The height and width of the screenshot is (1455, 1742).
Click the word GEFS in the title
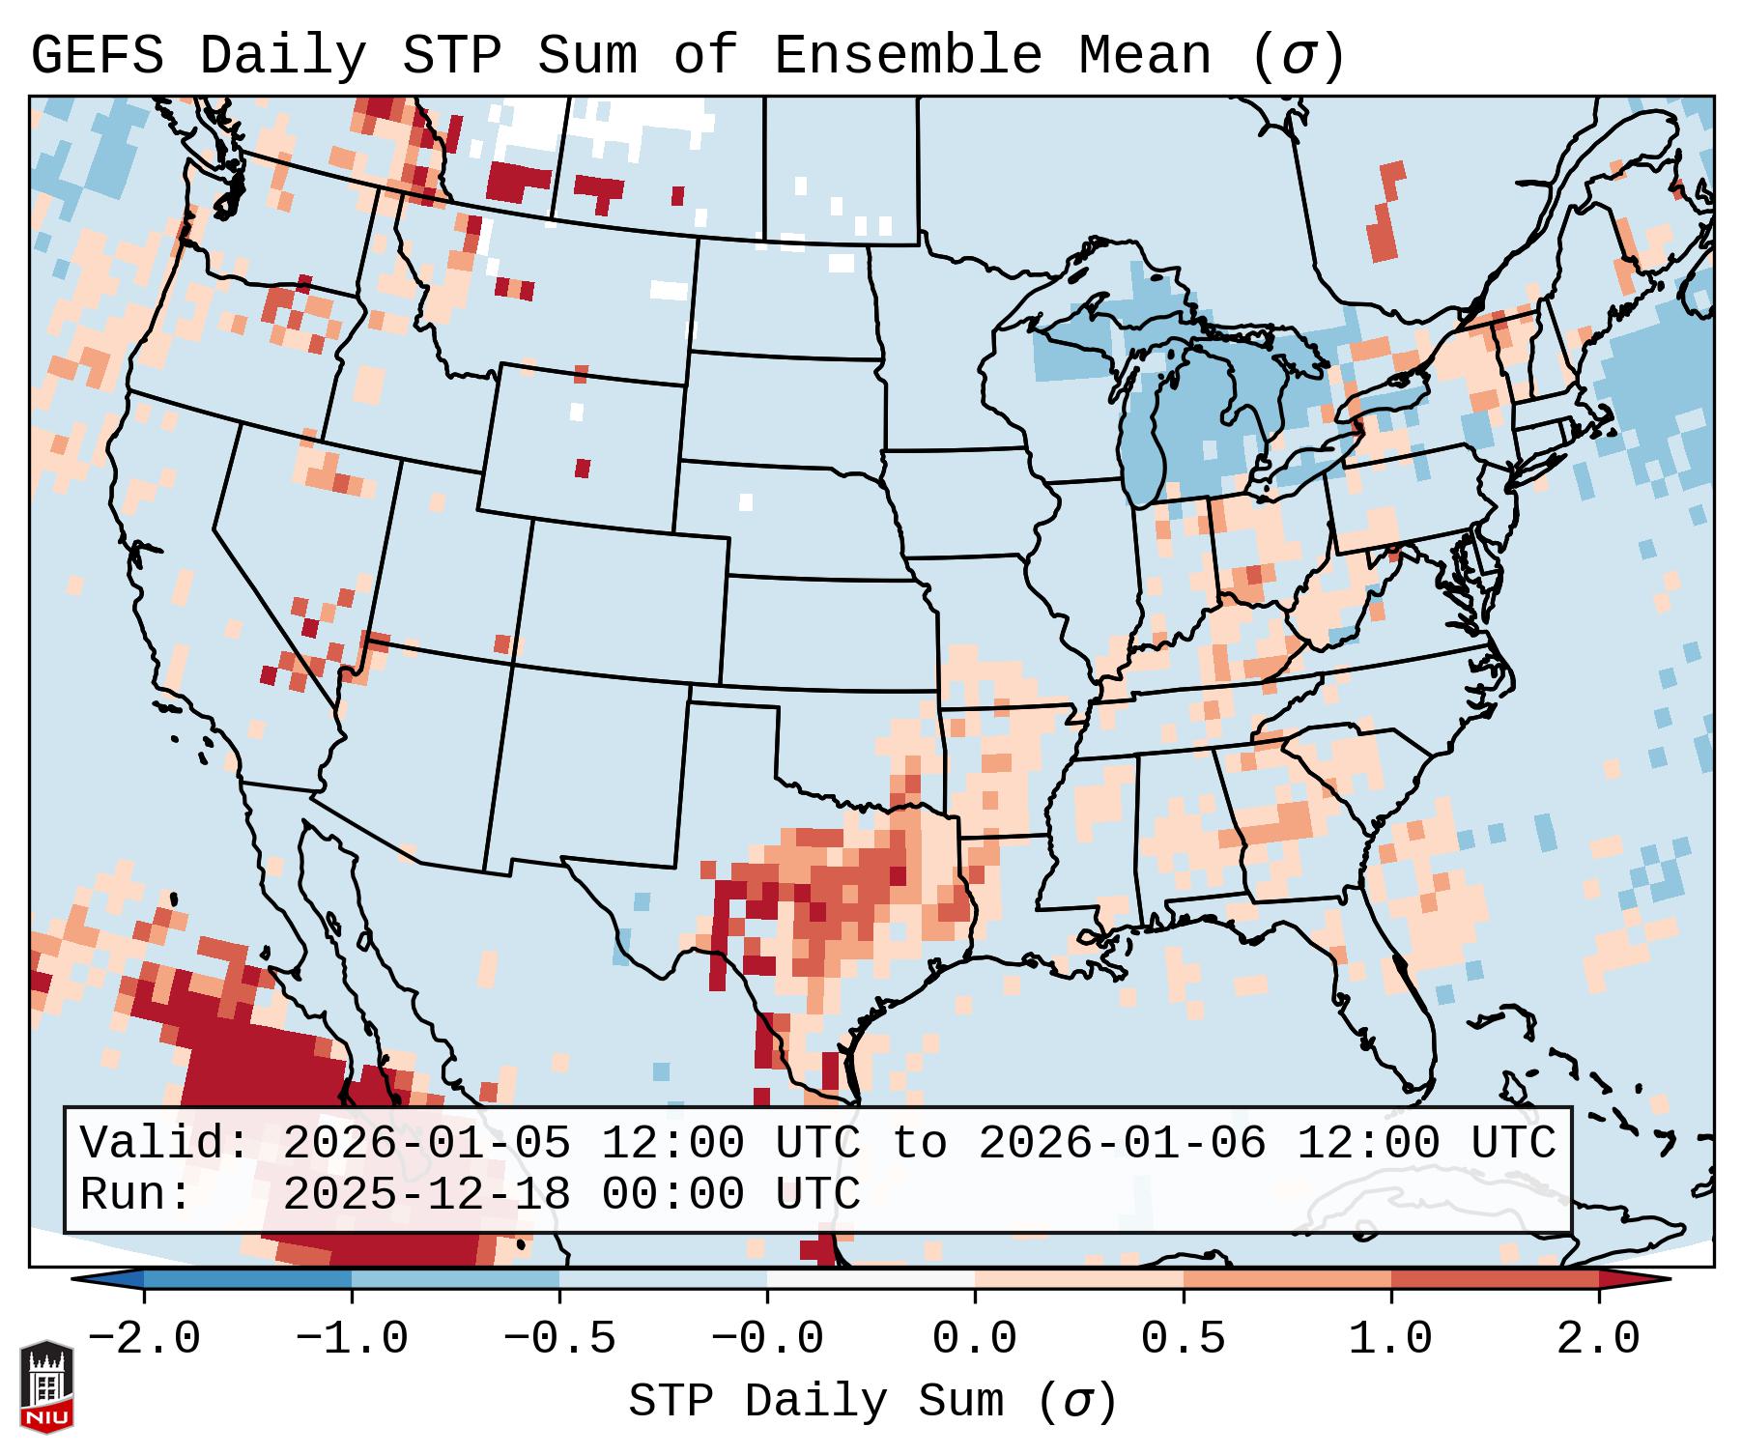pyautogui.click(x=97, y=56)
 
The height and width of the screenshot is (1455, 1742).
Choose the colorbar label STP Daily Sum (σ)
pyautogui.click(x=872, y=1402)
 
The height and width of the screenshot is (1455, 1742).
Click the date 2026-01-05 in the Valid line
pyautogui.click(x=426, y=1144)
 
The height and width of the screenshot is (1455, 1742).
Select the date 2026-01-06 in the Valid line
pyautogui.click(x=1122, y=1144)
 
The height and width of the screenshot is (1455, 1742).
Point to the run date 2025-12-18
pyautogui.click(x=426, y=1194)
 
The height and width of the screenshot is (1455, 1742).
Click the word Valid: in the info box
pyautogui.click(x=164, y=1144)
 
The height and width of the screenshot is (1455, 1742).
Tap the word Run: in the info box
pyautogui.click(x=135, y=1194)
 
